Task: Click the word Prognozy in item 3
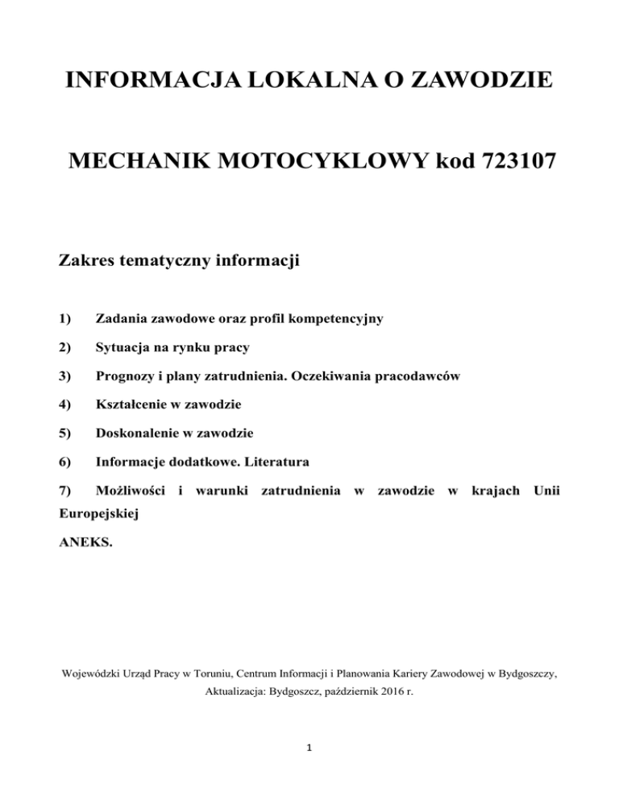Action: [x=125, y=376]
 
